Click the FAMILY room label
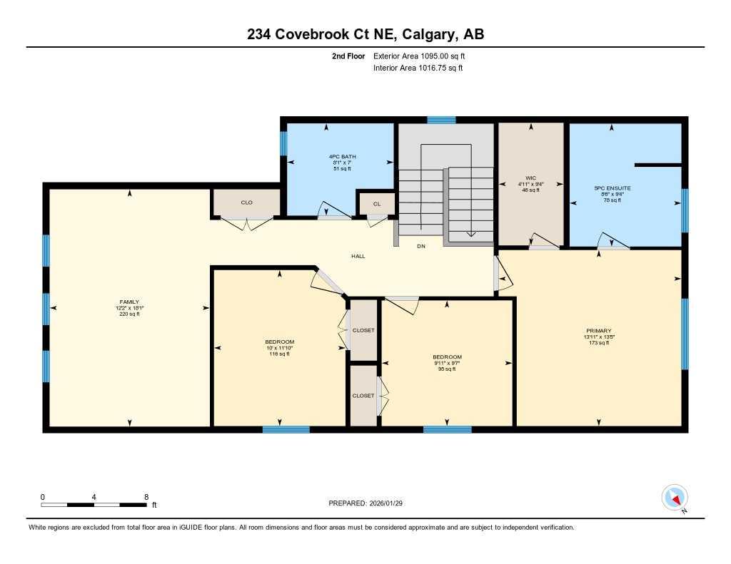129,302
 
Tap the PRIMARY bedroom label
598,331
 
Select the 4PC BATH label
342,156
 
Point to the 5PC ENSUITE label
612,188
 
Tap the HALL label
358,256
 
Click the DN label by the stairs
421,247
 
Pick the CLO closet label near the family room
246,202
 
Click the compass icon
675,497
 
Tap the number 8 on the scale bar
146,496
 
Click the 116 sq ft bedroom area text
279,354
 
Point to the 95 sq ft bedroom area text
447,369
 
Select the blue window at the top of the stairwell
441,120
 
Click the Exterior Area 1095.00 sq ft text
419,56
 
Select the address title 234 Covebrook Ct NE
365,34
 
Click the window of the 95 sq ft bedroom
447,429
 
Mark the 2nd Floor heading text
348,56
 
